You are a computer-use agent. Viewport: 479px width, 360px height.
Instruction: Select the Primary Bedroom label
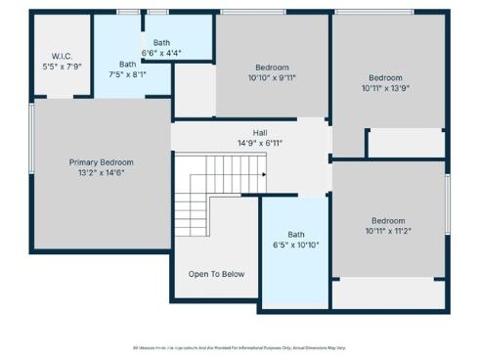(101, 162)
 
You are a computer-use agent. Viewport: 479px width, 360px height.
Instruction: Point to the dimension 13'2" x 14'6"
(101, 173)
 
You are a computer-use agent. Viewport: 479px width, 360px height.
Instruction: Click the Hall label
(260, 133)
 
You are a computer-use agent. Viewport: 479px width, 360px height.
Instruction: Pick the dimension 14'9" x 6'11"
(260, 144)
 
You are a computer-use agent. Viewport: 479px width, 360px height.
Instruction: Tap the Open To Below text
(216, 274)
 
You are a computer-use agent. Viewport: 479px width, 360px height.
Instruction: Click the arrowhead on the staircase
(264, 175)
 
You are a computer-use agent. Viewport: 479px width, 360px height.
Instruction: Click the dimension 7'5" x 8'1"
(127, 73)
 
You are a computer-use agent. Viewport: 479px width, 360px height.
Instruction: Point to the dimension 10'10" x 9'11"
(273, 79)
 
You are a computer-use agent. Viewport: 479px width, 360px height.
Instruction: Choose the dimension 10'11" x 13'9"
(385, 89)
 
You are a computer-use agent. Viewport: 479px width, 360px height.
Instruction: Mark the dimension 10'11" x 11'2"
(388, 232)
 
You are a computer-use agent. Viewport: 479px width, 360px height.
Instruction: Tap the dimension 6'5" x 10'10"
(295, 245)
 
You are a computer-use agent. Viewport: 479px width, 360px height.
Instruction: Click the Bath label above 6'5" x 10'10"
(295, 234)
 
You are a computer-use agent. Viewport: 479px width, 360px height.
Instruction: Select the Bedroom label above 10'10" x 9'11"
(273, 67)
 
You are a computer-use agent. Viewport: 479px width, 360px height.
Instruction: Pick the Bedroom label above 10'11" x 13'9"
(385, 78)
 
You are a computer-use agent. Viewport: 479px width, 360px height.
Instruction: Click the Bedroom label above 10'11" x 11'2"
(388, 221)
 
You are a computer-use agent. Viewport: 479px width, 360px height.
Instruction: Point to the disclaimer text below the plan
(239, 347)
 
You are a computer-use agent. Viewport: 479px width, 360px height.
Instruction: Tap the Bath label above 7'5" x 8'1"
(127, 63)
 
